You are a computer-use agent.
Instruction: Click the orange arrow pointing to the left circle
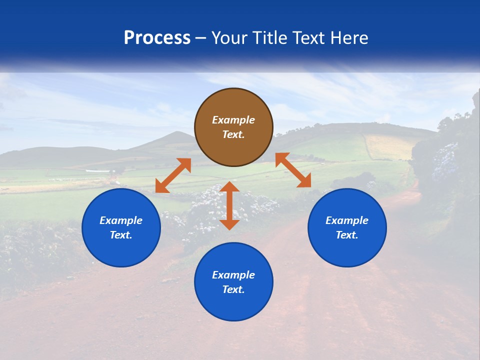click(173, 175)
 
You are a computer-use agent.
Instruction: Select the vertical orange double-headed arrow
click(229, 205)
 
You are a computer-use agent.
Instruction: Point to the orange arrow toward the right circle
click(293, 170)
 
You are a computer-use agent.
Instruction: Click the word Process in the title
click(157, 37)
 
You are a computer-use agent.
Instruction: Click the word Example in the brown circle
click(233, 120)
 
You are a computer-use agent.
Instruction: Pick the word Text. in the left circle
click(121, 235)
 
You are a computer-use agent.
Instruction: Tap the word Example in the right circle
click(347, 220)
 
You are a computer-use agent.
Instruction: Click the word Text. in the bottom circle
click(233, 289)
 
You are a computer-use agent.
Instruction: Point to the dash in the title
click(201, 39)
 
